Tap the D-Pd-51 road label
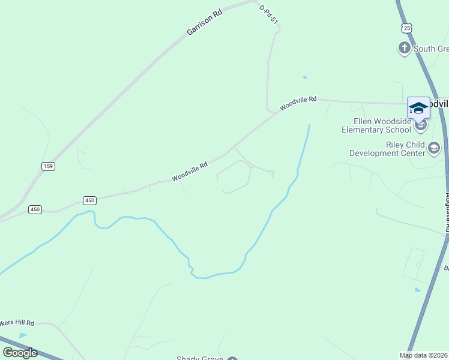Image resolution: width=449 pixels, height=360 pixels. pyautogui.click(x=269, y=14)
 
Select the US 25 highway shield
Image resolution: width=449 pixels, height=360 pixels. pyautogui.click(x=407, y=28)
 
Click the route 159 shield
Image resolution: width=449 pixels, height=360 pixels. pyautogui.click(x=49, y=166)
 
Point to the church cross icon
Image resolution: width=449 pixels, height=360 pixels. pyautogui.click(x=405, y=47)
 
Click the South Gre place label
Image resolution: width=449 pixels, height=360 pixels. pyautogui.click(x=430, y=49)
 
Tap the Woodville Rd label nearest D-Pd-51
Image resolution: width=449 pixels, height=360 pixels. pyautogui.click(x=298, y=104)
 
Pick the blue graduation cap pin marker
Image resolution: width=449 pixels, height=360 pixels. pyautogui.click(x=418, y=108)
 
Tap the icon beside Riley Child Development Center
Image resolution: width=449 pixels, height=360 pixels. pyautogui.click(x=434, y=147)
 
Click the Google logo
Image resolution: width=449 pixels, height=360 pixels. pyautogui.click(x=19, y=352)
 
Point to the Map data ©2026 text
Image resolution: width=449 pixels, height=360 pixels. pyautogui.click(x=424, y=355)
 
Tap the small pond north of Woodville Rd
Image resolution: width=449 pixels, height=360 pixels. pyautogui.click(x=305, y=77)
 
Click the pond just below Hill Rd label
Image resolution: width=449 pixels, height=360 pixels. pyautogui.click(x=23, y=335)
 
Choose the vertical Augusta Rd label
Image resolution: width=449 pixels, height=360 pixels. pyautogui.click(x=447, y=213)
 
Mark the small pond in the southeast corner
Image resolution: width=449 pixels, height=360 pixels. pyautogui.click(x=417, y=290)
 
